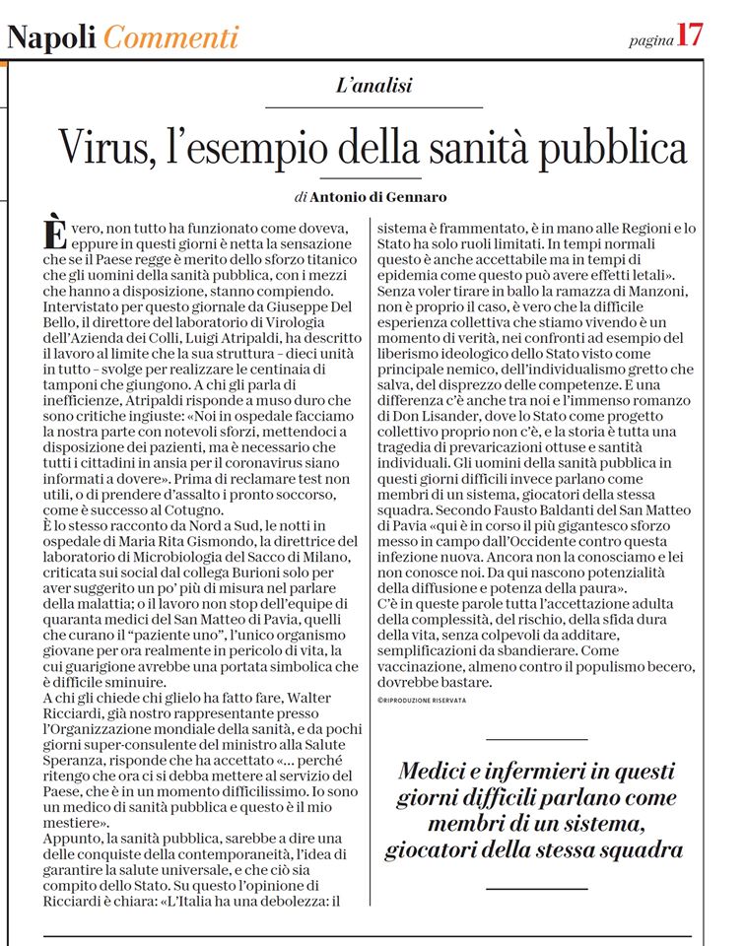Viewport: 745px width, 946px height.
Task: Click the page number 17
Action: point(690,35)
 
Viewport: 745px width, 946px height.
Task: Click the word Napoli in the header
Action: point(51,37)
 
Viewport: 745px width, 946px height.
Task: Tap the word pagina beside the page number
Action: point(649,39)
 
